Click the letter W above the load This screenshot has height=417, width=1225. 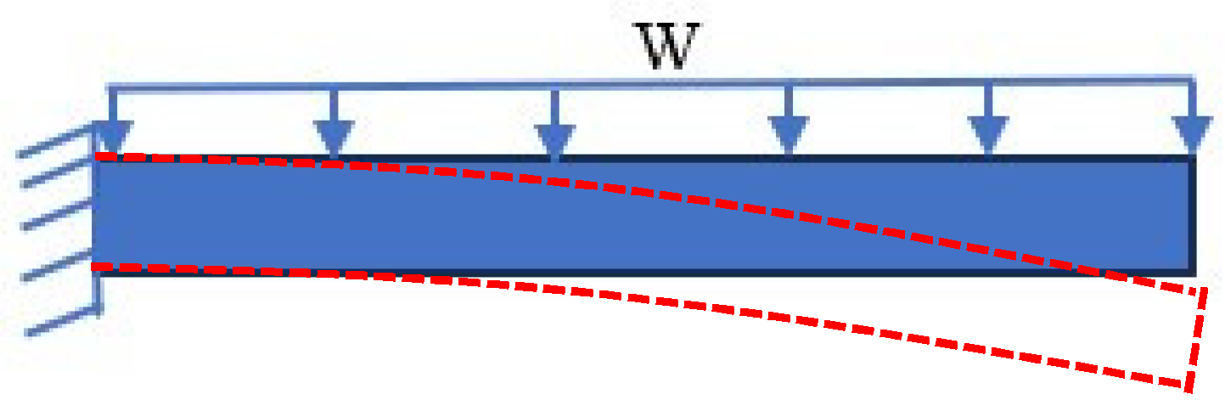(670, 48)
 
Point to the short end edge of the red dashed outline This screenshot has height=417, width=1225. (1196, 339)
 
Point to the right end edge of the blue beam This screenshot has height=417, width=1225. (1192, 215)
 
